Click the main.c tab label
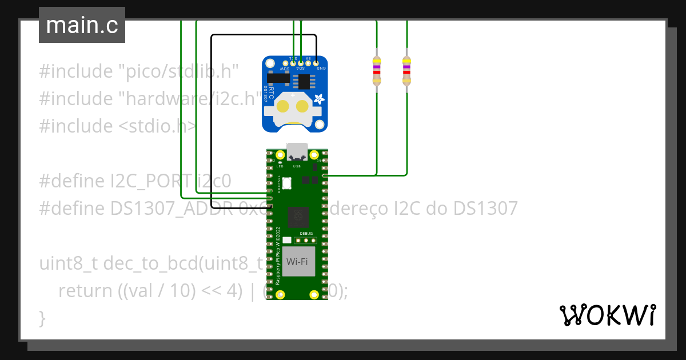pos(82,25)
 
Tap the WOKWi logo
pos(607,315)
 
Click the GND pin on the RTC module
pos(316,62)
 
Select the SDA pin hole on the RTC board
pos(301,62)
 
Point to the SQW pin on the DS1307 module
pos(285,62)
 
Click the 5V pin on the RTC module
pos(309,62)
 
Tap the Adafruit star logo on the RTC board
pos(318,99)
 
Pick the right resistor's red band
pos(406,73)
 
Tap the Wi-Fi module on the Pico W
pos(298,262)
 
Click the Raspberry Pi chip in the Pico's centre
pos(297,217)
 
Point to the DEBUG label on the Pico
pos(306,234)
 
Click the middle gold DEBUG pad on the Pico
pos(306,241)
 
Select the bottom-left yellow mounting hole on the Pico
pos(280,294)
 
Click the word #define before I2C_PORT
pos(73,181)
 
